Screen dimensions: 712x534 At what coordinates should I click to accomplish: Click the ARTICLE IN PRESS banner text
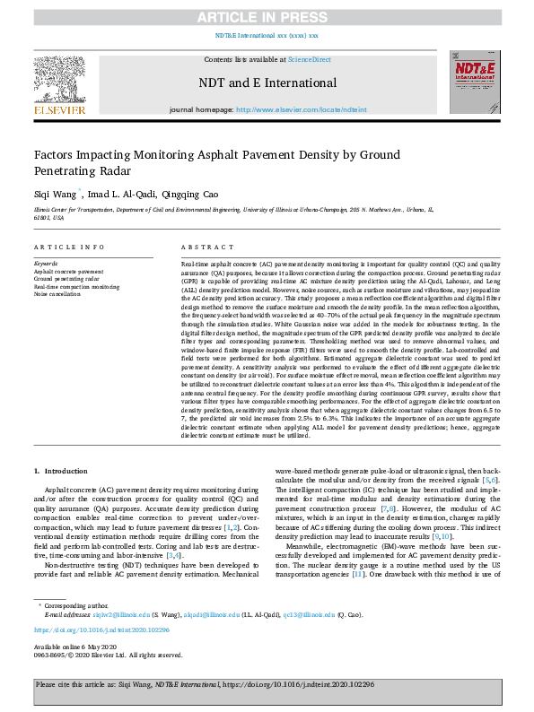tap(267, 15)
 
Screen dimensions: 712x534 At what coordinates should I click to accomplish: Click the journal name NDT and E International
tap(267, 83)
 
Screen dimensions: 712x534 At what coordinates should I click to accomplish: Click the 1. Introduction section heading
tap(61, 470)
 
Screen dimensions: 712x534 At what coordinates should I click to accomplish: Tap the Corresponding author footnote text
tap(83, 606)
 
